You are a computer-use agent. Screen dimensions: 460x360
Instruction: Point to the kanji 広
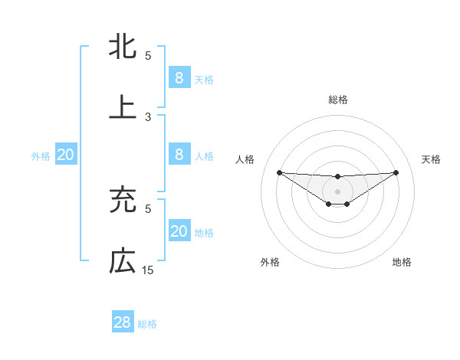pos(123,261)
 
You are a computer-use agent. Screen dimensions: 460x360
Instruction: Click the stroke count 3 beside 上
pos(148,117)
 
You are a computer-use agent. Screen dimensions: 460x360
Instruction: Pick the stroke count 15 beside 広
pos(148,270)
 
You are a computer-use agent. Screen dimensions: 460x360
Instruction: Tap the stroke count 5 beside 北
pos(148,56)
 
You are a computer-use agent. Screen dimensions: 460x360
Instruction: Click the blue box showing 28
pos(123,322)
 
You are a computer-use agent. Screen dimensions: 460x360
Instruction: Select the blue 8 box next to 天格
pos(179,77)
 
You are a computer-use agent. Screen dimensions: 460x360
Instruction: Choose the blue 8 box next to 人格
pos(179,155)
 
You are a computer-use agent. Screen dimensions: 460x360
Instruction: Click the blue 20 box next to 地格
pos(179,231)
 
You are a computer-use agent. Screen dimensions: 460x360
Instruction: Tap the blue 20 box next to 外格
pos(66,155)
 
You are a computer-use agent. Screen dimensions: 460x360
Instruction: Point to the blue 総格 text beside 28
pos(147,324)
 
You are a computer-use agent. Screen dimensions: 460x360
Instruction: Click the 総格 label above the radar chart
pos(337,100)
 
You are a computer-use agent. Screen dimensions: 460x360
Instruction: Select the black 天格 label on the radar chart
pos(431,159)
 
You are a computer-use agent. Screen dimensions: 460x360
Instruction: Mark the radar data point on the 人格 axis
pos(279,172)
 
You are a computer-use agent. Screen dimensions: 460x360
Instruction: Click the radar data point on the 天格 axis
pos(396,172)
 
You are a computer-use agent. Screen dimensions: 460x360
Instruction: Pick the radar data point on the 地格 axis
pos(347,204)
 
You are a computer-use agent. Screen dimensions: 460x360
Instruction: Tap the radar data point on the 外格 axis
pos(328,204)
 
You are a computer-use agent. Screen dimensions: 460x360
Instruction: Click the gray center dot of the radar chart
pos(337,191)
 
